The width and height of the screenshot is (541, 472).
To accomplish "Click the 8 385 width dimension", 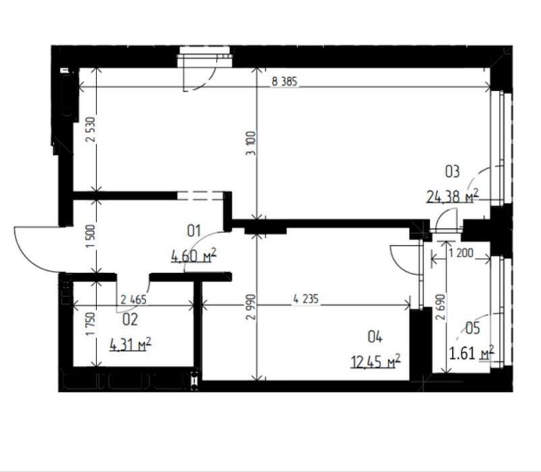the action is (284, 82).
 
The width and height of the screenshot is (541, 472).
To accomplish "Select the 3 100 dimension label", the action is (252, 143).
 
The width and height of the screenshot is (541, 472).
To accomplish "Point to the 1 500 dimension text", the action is (90, 236).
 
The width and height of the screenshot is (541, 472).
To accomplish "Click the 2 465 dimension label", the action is (134, 299).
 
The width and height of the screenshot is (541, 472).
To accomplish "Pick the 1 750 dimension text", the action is (90, 324).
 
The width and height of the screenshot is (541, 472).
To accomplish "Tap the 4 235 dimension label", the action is (306, 298).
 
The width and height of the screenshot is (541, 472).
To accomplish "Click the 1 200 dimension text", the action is (461, 253).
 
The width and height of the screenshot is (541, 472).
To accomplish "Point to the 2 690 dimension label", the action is (440, 307).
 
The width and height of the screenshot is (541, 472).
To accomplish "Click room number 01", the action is (194, 231).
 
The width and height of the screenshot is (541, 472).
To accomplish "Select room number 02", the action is (130, 319).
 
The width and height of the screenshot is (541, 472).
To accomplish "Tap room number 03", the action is (453, 172).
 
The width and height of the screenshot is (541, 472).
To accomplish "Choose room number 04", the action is (375, 337).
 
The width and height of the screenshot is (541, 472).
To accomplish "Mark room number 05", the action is (473, 328).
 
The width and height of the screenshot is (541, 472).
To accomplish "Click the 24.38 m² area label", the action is (453, 196).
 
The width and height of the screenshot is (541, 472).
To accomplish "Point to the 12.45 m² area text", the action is (375, 361).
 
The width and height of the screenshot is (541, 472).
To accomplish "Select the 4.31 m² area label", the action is (130, 344).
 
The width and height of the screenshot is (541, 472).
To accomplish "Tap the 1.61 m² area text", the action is (472, 353).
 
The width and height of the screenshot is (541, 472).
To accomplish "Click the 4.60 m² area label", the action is (194, 255).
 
